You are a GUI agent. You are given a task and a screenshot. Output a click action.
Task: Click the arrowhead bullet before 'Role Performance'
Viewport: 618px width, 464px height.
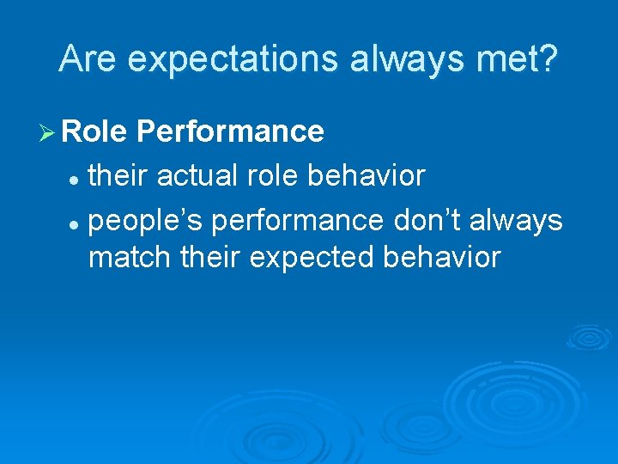pos(48,131)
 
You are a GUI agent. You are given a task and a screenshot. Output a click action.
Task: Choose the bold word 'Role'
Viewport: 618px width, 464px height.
pos(95,131)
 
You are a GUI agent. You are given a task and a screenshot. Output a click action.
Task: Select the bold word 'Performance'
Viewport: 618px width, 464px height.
pos(230,131)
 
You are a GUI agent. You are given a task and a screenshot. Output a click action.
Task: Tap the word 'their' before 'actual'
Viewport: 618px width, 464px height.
pos(118,176)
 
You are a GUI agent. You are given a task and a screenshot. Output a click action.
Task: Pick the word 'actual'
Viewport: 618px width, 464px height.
pos(197,176)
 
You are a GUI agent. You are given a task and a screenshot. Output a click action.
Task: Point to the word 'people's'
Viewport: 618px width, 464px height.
pos(146,221)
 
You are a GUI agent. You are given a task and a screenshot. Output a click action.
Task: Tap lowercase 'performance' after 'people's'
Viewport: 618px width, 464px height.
pos(298,221)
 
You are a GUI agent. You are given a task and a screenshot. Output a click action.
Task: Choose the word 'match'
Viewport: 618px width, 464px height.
pos(130,257)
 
